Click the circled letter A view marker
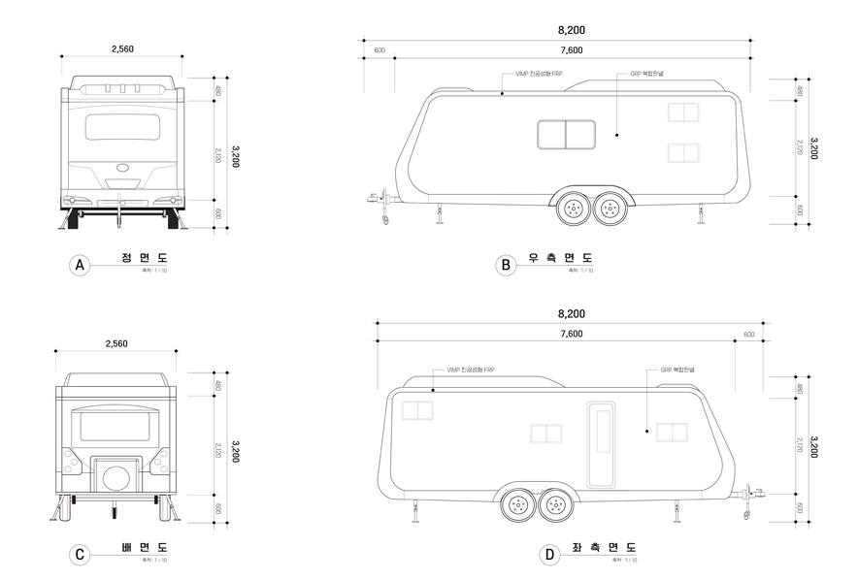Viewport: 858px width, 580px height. pos(81,265)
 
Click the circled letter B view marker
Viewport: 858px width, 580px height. pos(504,265)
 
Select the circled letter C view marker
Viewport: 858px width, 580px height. pos(81,555)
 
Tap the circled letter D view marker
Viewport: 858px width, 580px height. pos(549,555)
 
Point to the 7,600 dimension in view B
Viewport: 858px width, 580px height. pos(572,49)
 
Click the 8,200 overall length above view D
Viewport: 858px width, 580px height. pos(572,314)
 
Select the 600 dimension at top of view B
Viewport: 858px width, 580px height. pos(379,49)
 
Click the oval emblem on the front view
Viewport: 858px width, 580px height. pos(123,167)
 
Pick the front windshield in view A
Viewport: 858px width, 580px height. pos(123,127)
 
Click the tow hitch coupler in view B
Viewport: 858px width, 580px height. pos(373,200)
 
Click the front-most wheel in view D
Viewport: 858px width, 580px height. pos(554,503)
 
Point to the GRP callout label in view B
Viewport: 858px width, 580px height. pos(645,75)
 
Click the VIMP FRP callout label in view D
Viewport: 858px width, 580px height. pos(470,370)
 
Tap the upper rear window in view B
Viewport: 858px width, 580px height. pos(683,113)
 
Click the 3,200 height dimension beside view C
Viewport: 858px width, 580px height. pos(233,451)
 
